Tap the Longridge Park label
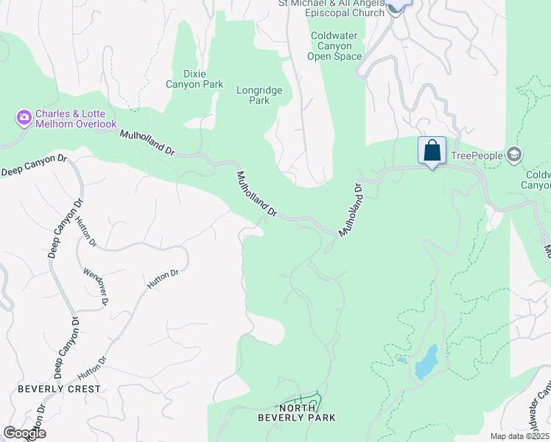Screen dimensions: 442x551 (x=259, y=95)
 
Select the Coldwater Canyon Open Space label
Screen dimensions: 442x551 (x=335, y=46)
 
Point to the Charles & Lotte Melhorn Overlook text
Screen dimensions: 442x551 (x=74, y=119)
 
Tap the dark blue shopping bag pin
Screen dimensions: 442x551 (x=432, y=151)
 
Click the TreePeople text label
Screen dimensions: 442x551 (x=476, y=155)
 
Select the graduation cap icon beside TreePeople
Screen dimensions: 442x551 (x=514, y=155)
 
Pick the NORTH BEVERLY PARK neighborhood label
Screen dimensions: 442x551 (x=297, y=413)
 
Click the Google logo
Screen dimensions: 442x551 (x=24, y=433)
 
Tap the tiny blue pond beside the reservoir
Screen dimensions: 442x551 (x=401, y=360)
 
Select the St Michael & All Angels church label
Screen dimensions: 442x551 (x=331, y=8)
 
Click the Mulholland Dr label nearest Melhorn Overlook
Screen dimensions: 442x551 (x=147, y=143)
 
